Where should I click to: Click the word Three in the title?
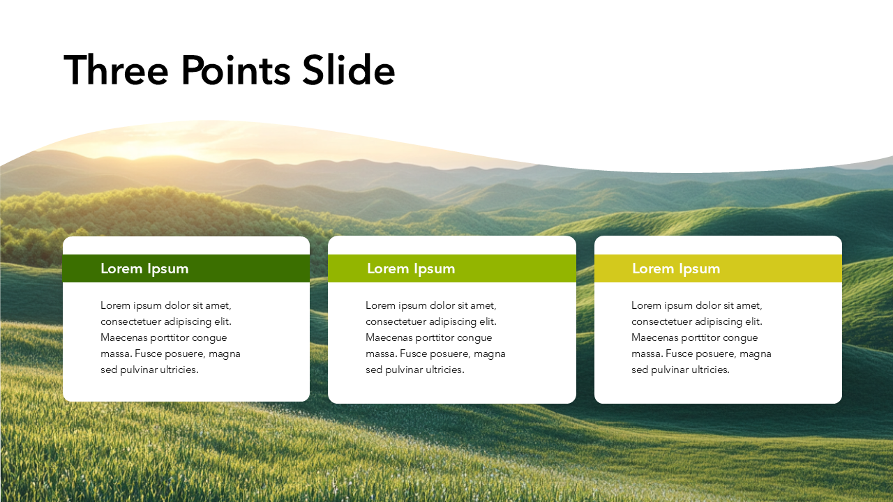tap(116, 70)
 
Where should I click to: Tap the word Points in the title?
tap(236, 70)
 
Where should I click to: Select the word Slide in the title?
tap(349, 70)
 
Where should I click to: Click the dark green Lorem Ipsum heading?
tap(144, 269)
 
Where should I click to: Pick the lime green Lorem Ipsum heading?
tap(411, 269)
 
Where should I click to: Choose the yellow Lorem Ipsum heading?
tap(676, 269)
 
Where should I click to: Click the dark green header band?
tap(186, 268)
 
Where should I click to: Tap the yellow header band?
tap(718, 268)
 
